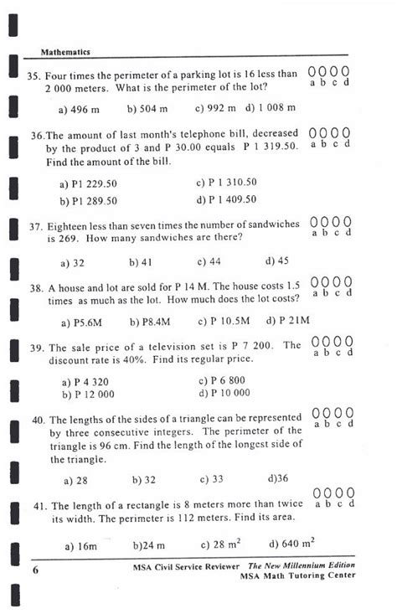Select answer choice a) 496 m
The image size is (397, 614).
[80, 109]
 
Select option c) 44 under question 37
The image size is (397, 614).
[209, 261]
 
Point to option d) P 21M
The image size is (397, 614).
[288, 321]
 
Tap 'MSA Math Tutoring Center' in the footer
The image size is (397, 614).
[297, 575]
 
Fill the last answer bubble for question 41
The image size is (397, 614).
[350, 492]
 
